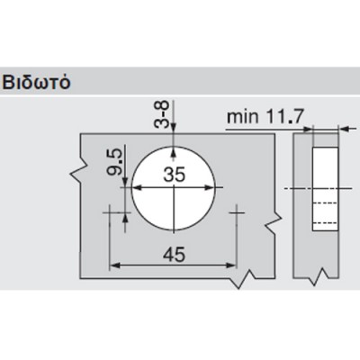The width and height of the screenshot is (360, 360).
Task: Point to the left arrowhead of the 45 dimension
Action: (x=115, y=267)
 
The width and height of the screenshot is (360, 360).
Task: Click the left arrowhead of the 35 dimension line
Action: (x=135, y=187)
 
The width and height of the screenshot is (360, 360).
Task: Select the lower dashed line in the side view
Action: (x=323, y=220)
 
